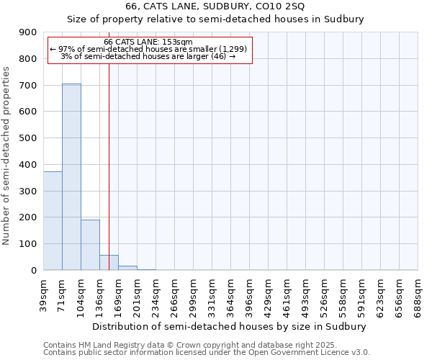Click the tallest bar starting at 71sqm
[71, 176]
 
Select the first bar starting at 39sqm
[53, 220]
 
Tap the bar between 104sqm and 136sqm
[90, 245]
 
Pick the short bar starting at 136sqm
[109, 263]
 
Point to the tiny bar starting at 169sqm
[127, 268]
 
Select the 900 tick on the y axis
[29, 32]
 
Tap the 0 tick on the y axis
[33, 271]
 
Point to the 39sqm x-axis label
[43, 294]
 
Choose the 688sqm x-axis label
[418, 294]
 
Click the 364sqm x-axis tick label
[230, 294]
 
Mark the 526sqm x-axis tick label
[324, 294]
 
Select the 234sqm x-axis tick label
[156, 294]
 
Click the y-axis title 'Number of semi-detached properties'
[6, 156]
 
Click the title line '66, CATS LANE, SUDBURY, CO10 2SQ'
[215, 6]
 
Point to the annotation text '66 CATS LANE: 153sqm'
[148, 42]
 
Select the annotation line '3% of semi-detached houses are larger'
[148, 56]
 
